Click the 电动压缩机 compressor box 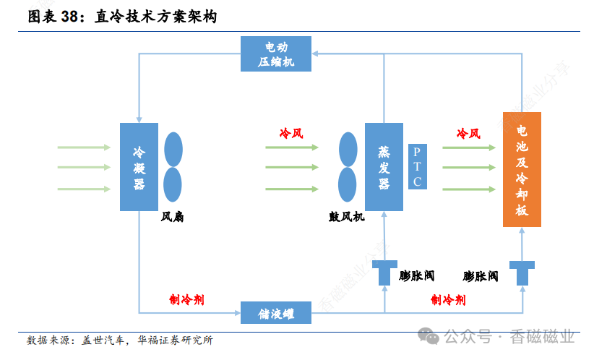coord(277,53)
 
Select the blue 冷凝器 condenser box coord(139,167)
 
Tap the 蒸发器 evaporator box coord(384,167)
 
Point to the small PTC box coord(417,166)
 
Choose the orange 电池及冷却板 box coord(522,169)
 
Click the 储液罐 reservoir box coord(276,312)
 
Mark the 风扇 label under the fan coord(172,216)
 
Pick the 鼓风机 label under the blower coord(347,216)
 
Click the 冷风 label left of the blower coord(291,134)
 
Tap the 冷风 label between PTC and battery coord(468,134)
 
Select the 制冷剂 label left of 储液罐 coord(186,299)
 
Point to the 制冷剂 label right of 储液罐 coord(448,299)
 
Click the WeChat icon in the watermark coord(431,337)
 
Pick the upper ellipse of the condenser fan coord(173,148)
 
